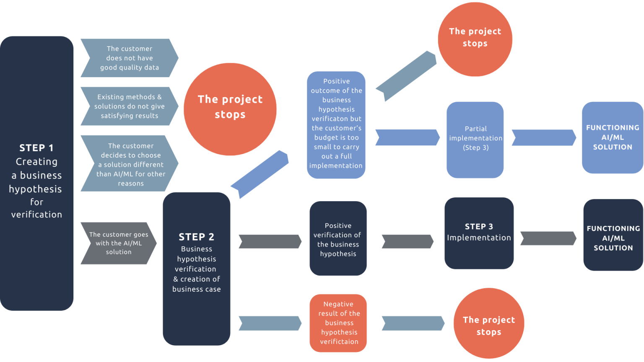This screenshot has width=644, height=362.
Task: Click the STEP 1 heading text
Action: point(36,148)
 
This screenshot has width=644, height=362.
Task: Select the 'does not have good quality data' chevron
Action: point(129,58)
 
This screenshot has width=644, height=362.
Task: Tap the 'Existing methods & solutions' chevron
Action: point(129,106)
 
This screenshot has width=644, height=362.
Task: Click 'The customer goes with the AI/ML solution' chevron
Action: point(118,243)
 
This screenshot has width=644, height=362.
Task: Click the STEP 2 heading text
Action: point(196,237)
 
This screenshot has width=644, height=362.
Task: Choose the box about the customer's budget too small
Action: point(336,124)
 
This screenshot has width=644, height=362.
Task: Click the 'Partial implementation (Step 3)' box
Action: point(475,139)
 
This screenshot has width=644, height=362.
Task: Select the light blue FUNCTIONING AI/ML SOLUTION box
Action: point(612,137)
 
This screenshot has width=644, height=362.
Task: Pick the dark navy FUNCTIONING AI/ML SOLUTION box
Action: point(613,238)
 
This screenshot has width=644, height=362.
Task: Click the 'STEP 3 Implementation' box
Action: point(478,233)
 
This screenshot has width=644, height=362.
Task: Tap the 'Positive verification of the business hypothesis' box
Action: point(338,239)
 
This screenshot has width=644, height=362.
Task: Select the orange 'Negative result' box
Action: point(338,323)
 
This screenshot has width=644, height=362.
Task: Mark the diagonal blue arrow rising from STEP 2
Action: point(260,173)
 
